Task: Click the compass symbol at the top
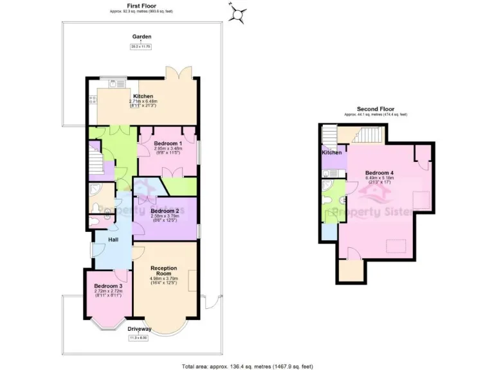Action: click(239, 13)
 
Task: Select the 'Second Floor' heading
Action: click(375, 109)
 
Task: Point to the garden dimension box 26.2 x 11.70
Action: click(141, 46)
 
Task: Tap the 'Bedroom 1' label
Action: click(167, 143)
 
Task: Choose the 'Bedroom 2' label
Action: click(165, 211)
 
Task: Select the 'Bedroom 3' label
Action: click(107, 286)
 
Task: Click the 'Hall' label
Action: click(113, 240)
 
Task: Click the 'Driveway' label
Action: click(140, 329)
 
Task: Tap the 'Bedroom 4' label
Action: click(380, 173)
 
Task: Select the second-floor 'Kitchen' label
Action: click(331, 152)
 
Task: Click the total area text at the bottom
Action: click(247, 366)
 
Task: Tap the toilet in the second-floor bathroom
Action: click(329, 200)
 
